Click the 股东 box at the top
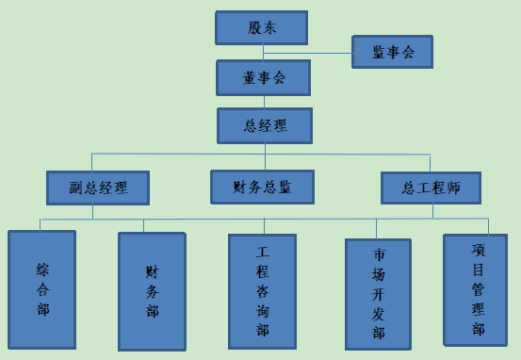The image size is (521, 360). (261, 27)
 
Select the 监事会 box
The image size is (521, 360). (392, 53)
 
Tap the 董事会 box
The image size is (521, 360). (264, 78)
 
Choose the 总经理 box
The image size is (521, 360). (264, 125)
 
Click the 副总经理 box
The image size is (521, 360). (97, 188)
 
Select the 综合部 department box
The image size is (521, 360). (42, 290)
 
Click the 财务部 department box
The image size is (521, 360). (152, 291)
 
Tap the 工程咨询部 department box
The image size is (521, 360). (263, 290)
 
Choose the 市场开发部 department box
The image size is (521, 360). (379, 294)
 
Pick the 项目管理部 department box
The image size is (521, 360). (478, 289)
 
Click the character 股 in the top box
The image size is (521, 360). (253, 27)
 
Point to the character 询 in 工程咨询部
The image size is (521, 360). (263, 310)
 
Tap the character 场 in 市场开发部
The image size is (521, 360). (379, 274)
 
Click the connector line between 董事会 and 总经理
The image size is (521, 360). (263, 102)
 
